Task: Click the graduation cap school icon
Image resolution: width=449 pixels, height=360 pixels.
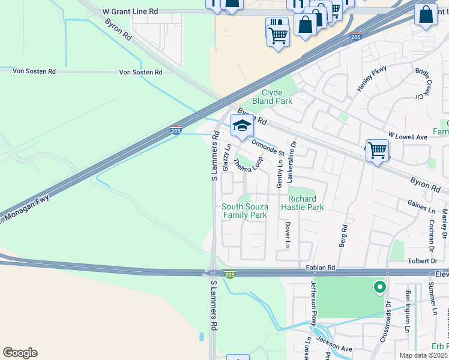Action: (242, 125)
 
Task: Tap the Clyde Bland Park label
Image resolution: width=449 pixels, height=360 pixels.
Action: (276, 97)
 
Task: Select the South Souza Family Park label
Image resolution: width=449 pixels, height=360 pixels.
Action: (244, 211)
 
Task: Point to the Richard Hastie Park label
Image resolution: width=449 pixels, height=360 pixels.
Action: (306, 203)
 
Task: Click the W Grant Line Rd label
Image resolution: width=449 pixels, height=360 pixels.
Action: (130, 11)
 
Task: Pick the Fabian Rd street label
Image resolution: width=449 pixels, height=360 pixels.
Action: (319, 267)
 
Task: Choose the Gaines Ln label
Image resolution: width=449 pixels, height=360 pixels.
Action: (421, 209)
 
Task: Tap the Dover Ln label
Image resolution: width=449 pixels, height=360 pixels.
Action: (288, 235)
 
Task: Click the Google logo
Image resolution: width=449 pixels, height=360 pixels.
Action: (20, 353)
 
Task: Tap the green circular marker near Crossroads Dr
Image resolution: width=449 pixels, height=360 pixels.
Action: (379, 288)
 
